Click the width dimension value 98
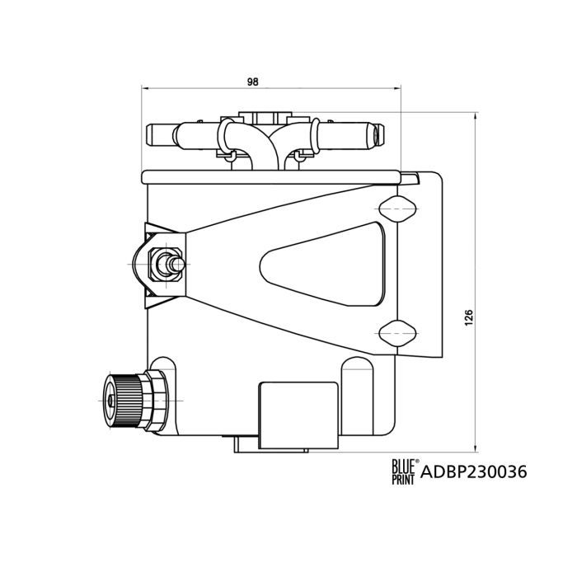(x=253, y=82)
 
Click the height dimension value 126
(x=469, y=317)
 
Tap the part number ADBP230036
(x=474, y=472)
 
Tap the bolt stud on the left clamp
(x=170, y=263)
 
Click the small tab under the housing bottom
(x=245, y=444)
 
